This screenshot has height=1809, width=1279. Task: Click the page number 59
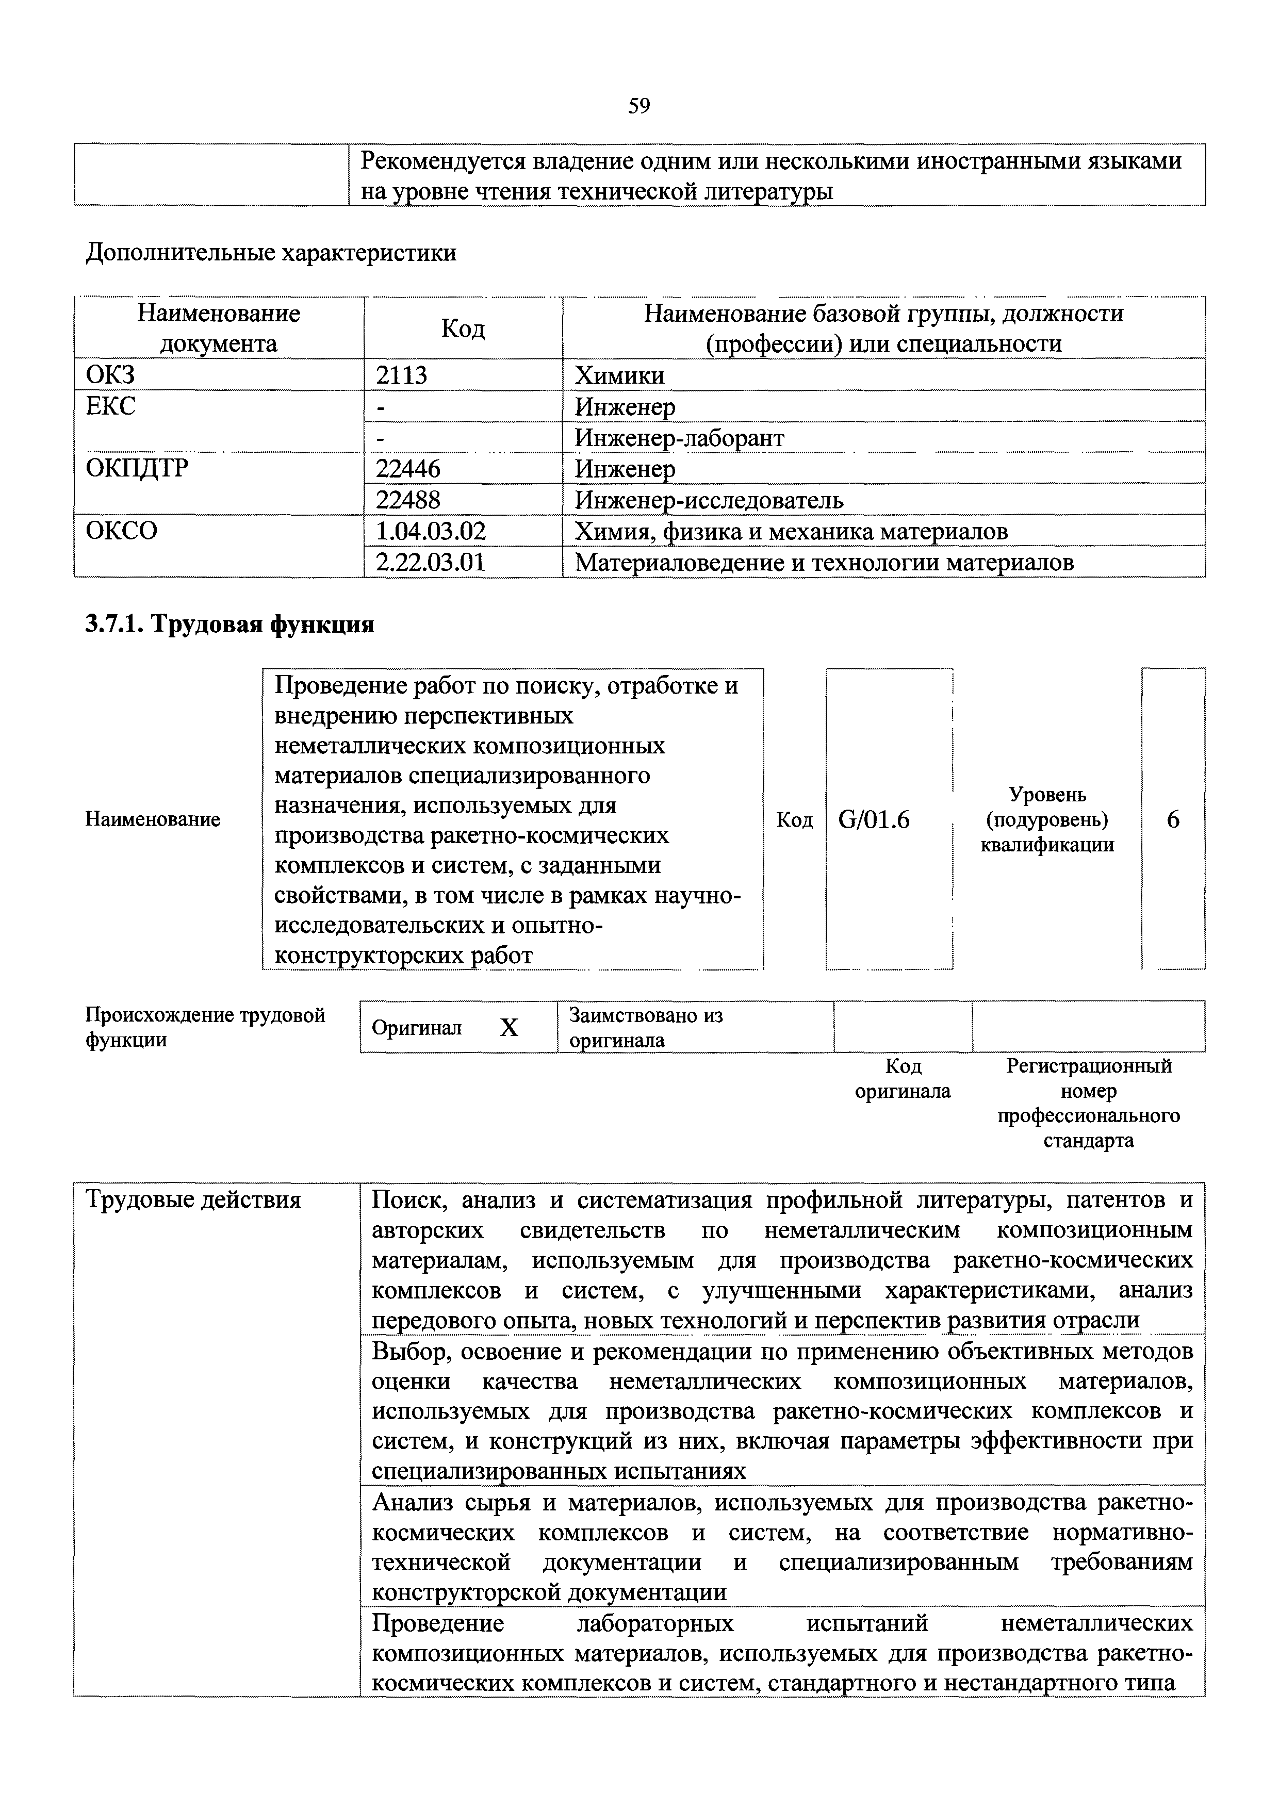[x=639, y=106]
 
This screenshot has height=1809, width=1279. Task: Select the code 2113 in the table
[x=401, y=375]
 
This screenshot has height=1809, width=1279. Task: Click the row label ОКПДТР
[x=137, y=469]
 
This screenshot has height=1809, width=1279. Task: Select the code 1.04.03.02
[x=431, y=532]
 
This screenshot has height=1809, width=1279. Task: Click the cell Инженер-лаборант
[x=679, y=437]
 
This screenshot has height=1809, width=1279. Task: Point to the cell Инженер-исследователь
[x=709, y=500]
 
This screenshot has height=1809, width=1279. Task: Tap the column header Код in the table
[x=463, y=328]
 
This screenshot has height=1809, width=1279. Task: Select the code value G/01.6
[x=874, y=820]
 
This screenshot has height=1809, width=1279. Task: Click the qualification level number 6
[x=1173, y=820]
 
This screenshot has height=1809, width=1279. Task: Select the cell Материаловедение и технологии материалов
[x=824, y=563]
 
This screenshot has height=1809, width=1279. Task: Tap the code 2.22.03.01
[x=430, y=563]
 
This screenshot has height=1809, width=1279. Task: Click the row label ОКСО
[x=121, y=531]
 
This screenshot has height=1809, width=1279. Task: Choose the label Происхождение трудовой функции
[x=205, y=1027]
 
